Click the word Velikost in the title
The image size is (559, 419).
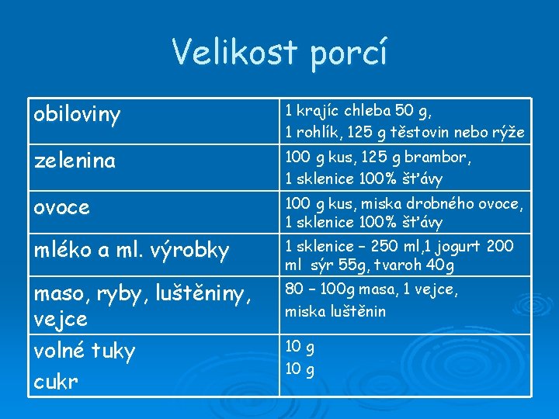(x=234, y=52)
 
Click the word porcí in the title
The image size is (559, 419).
(x=347, y=54)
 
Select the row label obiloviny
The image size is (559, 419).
(x=78, y=116)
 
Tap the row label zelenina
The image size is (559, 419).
(x=75, y=161)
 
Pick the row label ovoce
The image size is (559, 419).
(x=62, y=208)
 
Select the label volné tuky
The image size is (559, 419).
(x=85, y=351)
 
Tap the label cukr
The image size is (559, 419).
(x=57, y=383)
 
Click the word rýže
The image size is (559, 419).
(x=509, y=133)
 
